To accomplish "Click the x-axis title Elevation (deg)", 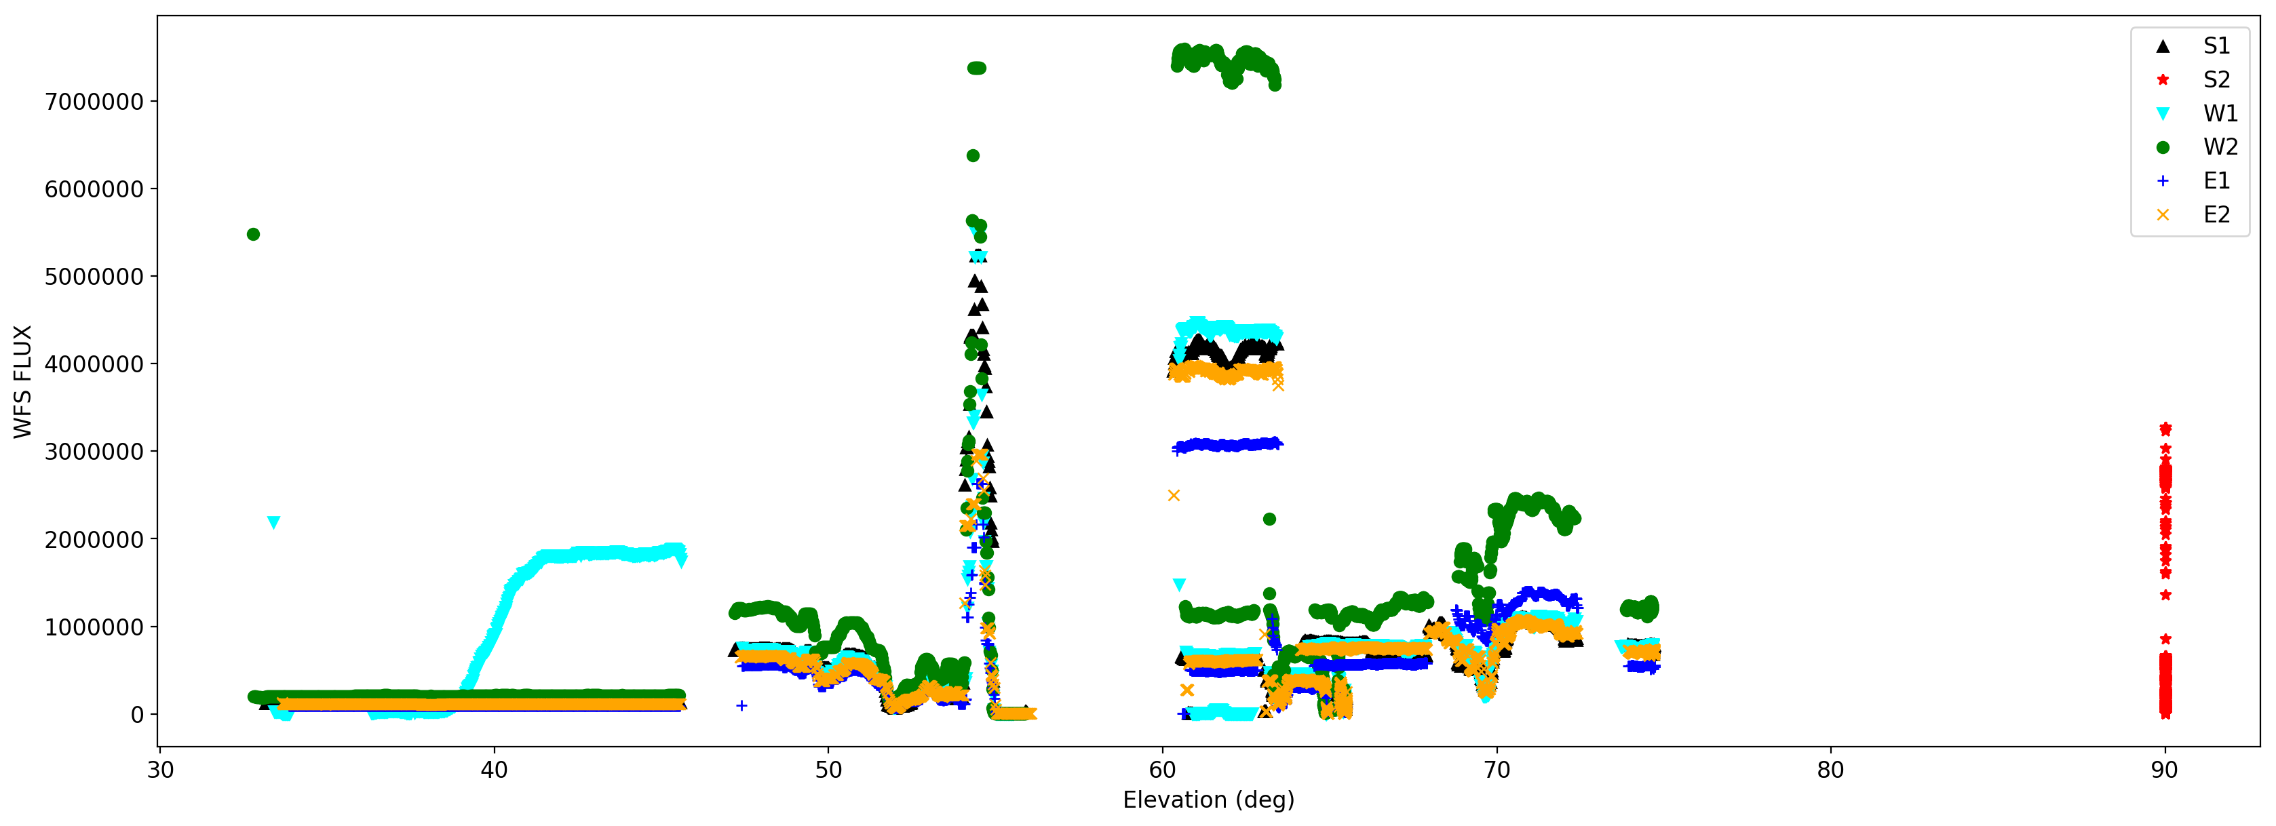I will coord(1208,800).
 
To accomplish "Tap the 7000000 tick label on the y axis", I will coord(94,102).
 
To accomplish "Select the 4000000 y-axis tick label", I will coord(94,364).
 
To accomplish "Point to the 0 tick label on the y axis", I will coord(137,715).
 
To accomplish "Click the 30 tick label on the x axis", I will coord(160,770).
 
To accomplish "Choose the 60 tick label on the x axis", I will coord(1163,770).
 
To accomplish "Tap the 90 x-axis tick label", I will coord(2165,770).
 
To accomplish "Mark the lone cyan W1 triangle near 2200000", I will coord(274,523).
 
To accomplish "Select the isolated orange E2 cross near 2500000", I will coord(1174,496).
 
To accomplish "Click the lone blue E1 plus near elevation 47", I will coord(741,706).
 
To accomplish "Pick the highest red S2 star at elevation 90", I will coord(2165,429).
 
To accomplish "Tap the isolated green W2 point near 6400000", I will coord(973,155).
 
